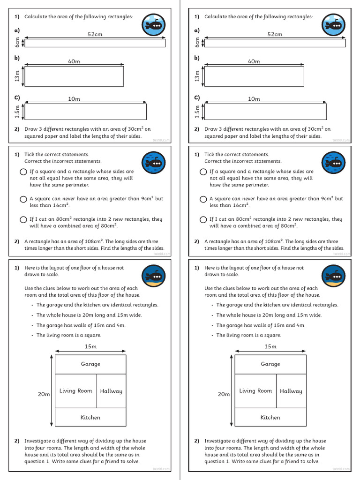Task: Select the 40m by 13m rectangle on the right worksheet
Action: [x=255, y=76]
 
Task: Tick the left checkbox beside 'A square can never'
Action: [x=23, y=199]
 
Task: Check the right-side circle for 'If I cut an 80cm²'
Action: [x=203, y=219]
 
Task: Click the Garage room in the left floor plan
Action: [x=90, y=364]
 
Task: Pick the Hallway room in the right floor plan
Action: [x=291, y=391]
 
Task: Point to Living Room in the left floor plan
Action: [x=76, y=391]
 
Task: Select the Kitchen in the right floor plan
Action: [x=270, y=417]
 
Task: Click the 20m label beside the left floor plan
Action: [x=44, y=394]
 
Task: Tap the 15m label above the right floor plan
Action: [x=270, y=346]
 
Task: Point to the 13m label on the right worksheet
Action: [x=197, y=76]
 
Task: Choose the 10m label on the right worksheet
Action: [x=254, y=99]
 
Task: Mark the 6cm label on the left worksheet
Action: [x=17, y=43]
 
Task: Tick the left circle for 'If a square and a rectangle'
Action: [x=23, y=172]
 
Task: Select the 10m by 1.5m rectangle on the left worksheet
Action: [x=85, y=112]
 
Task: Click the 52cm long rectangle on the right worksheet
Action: [x=275, y=43]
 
